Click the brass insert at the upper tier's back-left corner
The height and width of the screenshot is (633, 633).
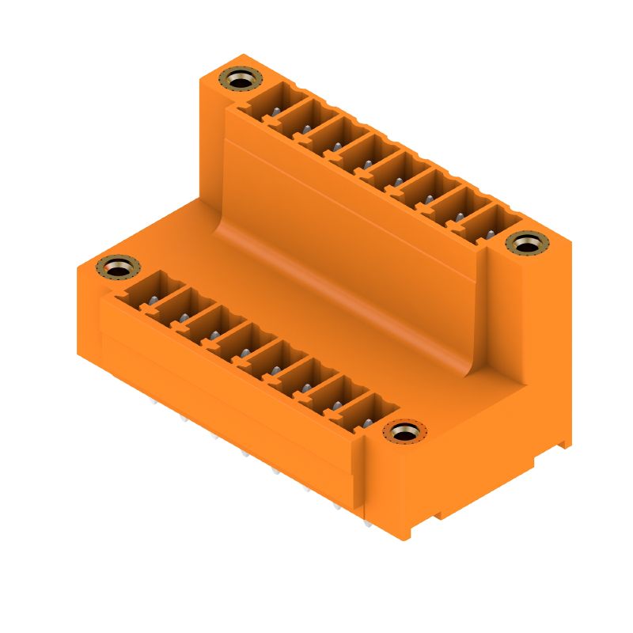pyautogui.click(x=241, y=78)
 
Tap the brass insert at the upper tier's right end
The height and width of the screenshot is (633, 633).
pyautogui.click(x=527, y=243)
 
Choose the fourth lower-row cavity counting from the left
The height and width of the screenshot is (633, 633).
pyautogui.click(x=238, y=343)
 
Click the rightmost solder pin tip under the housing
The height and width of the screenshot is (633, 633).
pyautogui.click(x=367, y=523)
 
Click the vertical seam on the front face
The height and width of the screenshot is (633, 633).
pyautogui.click(x=363, y=483)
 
